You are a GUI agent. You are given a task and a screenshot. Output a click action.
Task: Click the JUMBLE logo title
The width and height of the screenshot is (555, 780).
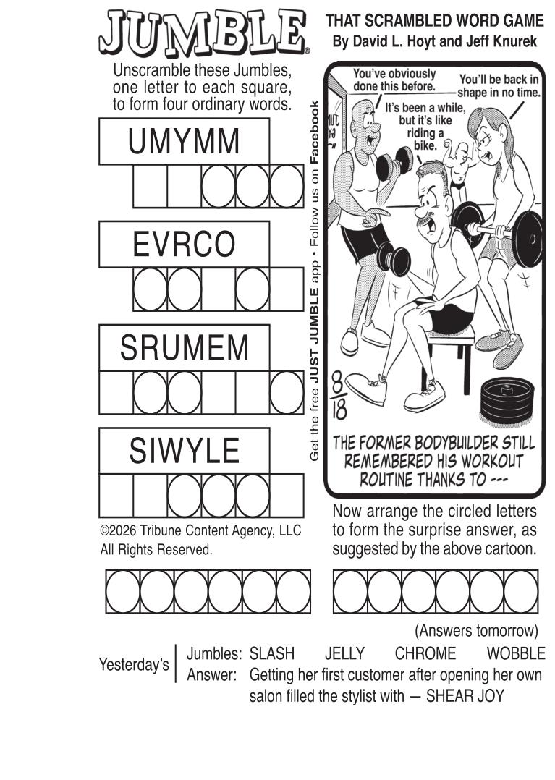coord(204,33)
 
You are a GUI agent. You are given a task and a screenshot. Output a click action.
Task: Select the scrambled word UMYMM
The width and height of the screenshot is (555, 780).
coord(184,141)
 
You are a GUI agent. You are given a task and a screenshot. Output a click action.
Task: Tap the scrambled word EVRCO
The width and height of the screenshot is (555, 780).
coord(184,245)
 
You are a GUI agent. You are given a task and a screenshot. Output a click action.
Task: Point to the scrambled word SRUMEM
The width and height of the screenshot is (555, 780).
coord(184,347)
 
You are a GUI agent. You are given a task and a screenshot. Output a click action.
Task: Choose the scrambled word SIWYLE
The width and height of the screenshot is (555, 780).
coord(184,451)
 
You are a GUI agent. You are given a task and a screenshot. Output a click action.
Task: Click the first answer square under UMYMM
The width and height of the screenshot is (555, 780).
coord(150,186)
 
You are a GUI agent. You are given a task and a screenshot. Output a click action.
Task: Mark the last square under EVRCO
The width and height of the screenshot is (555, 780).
coord(287,289)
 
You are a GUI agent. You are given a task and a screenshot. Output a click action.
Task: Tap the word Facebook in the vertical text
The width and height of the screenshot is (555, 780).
coord(314,132)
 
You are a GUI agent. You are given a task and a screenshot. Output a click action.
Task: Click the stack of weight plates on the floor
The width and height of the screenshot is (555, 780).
coord(507,400)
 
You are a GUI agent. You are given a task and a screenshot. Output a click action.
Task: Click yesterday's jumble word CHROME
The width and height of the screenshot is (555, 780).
coord(425,653)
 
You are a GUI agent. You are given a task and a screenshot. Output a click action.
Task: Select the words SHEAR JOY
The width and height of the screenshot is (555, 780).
coord(465,696)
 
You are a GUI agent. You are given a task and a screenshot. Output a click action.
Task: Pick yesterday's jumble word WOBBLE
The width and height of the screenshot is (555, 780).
coord(516,653)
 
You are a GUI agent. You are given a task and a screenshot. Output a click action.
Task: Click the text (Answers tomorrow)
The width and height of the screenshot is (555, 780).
coord(476,631)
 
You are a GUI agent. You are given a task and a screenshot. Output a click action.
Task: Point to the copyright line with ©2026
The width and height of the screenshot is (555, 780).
coord(201,531)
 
